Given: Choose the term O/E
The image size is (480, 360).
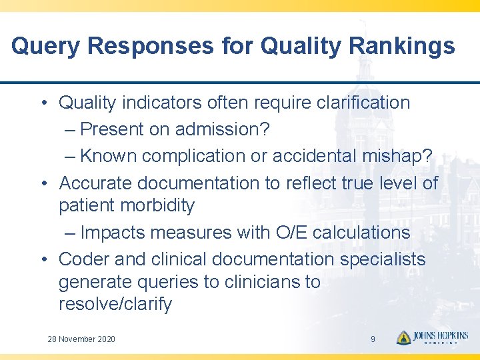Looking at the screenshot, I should coord(289,233).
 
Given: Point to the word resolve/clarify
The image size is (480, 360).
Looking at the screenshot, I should coord(115,305).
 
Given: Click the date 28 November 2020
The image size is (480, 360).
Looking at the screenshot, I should coord(81,339).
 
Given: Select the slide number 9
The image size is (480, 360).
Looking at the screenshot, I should coord(373,339).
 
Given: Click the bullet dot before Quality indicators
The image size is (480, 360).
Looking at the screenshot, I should coord(43,103).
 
